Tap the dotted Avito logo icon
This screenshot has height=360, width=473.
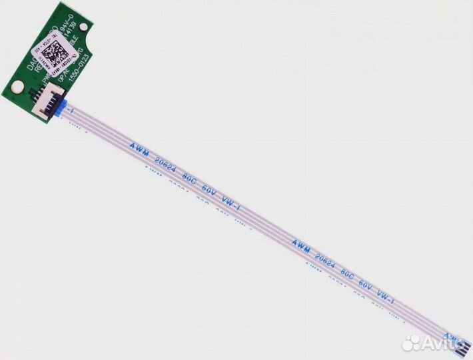pyautogui.click(x=412, y=342)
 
